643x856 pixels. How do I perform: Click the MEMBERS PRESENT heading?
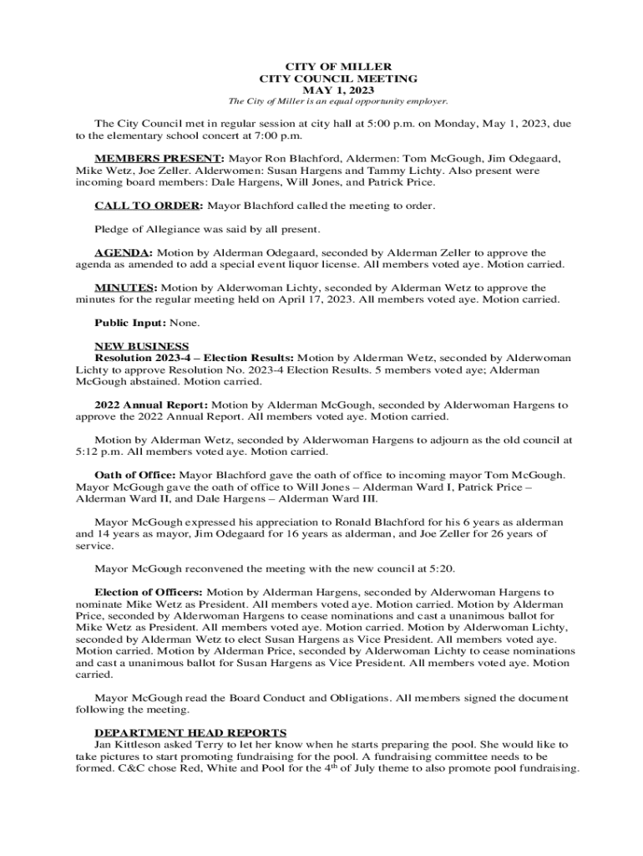click(159, 158)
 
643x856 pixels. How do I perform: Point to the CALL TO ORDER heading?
click(148, 206)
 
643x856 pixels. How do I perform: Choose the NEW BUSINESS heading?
click(142, 346)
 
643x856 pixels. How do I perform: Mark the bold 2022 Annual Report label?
click(151, 405)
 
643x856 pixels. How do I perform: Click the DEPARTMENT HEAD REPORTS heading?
click(190, 732)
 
